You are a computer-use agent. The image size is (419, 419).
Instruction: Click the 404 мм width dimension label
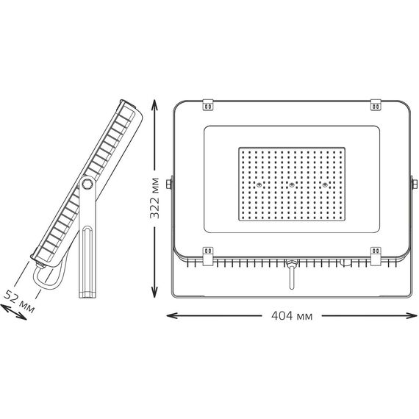(x=292, y=316)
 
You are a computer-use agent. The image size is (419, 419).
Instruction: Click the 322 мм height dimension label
(x=154, y=198)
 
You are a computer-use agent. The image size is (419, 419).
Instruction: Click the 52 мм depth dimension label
(x=19, y=301)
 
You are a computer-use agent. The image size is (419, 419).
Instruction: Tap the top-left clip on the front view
(x=208, y=104)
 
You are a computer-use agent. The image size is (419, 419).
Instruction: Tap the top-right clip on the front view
(x=376, y=104)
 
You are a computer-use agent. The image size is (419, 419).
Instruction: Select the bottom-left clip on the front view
(x=208, y=257)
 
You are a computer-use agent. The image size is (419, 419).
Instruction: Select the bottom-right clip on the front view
(x=376, y=257)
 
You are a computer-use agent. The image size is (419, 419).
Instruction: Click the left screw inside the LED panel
(x=259, y=185)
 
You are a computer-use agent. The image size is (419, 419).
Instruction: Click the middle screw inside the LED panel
(x=292, y=185)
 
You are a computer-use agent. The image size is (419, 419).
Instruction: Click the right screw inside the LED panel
(x=325, y=185)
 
